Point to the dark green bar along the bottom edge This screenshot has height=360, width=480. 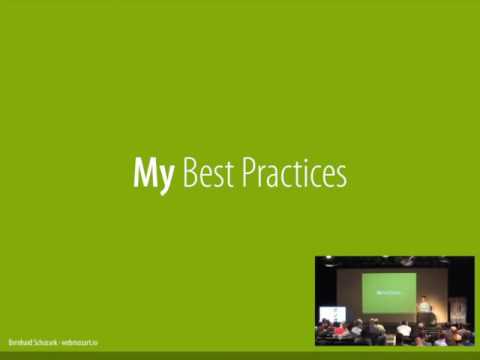pyautogui.click(x=240, y=355)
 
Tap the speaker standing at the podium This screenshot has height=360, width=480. pyautogui.click(x=424, y=304)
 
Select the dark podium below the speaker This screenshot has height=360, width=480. pyautogui.click(x=426, y=318)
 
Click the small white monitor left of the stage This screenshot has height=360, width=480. pyautogui.click(x=332, y=313)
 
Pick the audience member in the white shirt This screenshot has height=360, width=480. pyautogui.click(x=403, y=329)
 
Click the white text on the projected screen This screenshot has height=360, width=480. pyautogui.click(x=388, y=292)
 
